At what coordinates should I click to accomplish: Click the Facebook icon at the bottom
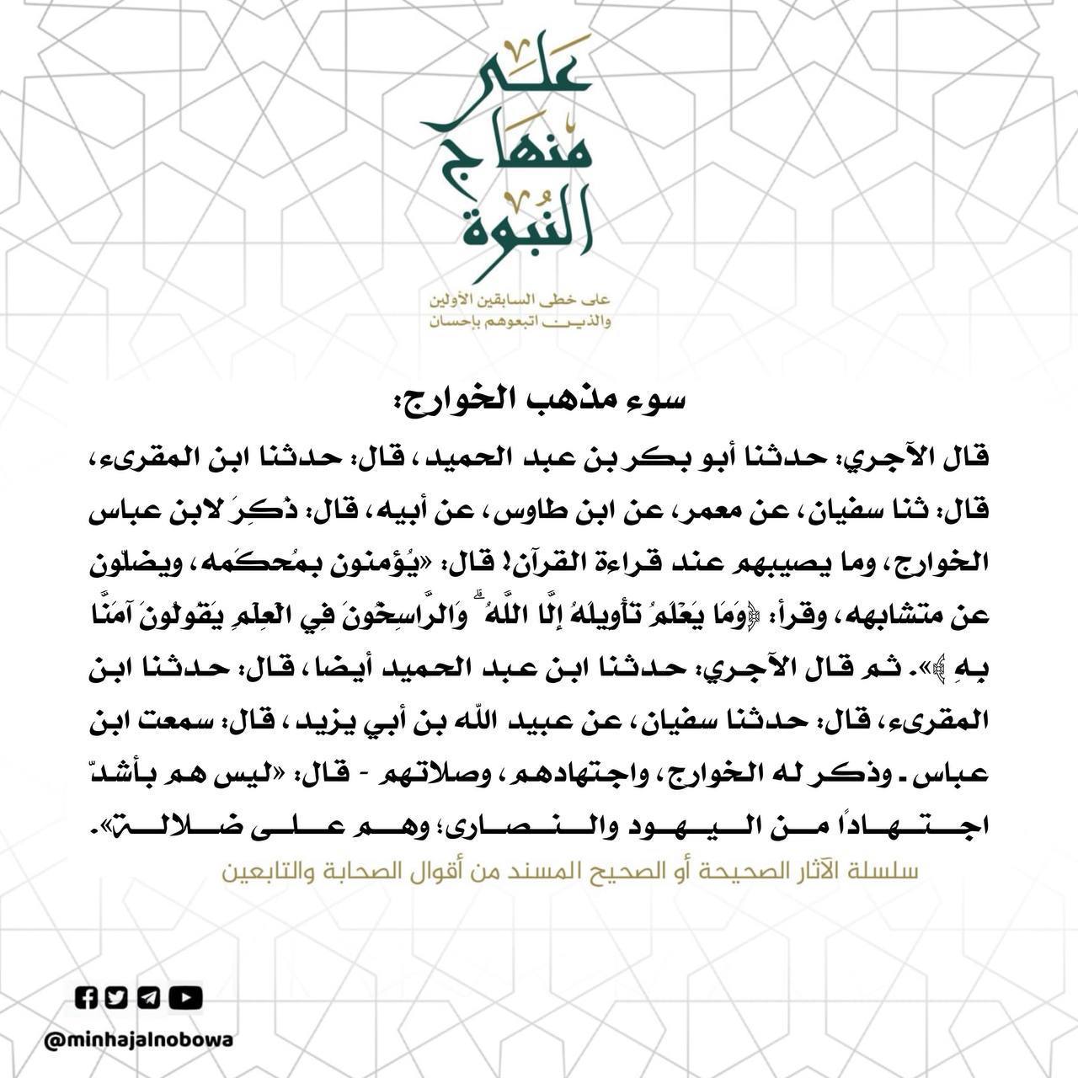click(x=87, y=998)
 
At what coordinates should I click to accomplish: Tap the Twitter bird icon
click(x=117, y=998)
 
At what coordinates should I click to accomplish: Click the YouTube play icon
click(x=185, y=998)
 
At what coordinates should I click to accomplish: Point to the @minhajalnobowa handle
click(x=139, y=1040)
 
